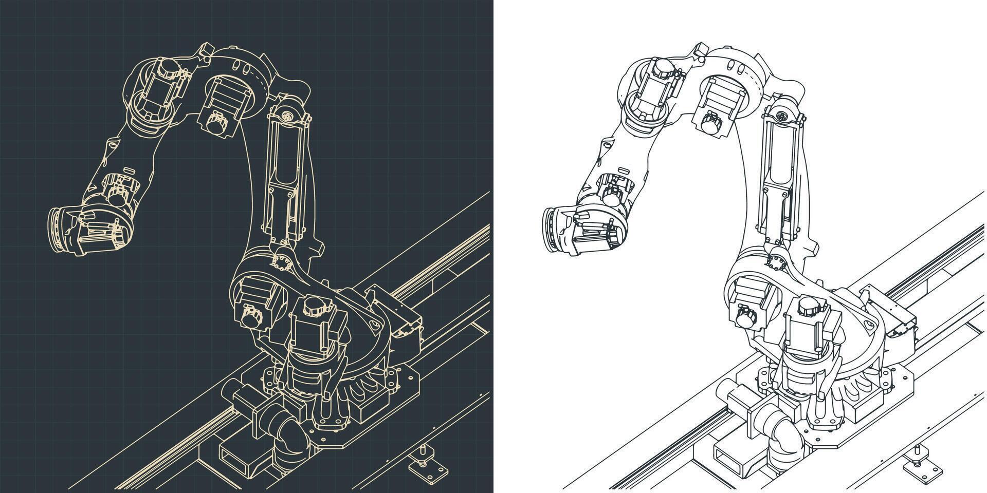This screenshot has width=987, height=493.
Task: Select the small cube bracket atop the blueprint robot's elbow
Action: pyautogui.click(x=207, y=49)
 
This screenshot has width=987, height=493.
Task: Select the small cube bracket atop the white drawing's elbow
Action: pyautogui.click(x=701, y=49)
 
